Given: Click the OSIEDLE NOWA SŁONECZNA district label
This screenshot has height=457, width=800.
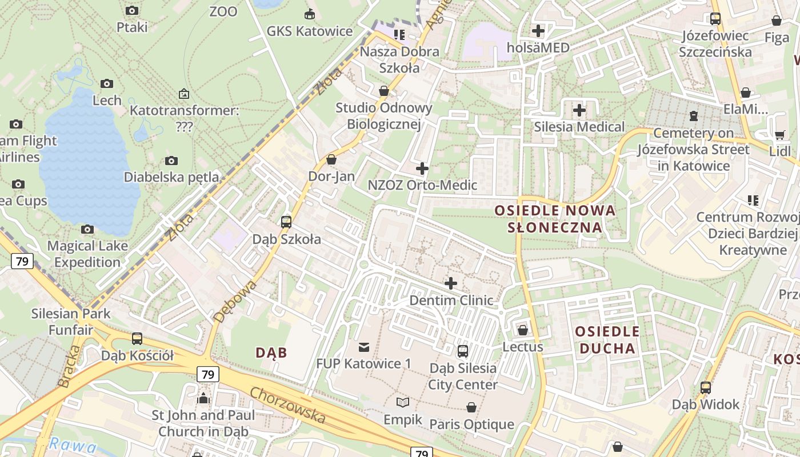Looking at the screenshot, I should tap(555, 219).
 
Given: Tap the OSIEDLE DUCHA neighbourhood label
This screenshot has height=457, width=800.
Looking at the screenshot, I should tap(607, 340).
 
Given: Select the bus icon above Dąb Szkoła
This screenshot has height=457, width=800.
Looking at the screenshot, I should tap(286, 222).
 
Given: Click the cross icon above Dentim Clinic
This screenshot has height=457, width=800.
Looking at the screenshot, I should tap(451, 283).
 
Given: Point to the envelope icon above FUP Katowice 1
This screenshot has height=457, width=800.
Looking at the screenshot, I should tap(364, 347).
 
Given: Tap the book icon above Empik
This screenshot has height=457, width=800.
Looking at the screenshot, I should tap(403, 402).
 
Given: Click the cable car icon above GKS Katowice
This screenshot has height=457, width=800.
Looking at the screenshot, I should tap(310, 14).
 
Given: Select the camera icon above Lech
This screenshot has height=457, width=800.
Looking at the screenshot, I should tap(107, 83).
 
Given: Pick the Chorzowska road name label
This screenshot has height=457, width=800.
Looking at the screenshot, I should tap(287, 406).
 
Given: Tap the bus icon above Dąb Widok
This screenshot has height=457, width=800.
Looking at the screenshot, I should tap(706, 387).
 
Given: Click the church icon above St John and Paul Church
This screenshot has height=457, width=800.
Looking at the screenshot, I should tap(203, 398).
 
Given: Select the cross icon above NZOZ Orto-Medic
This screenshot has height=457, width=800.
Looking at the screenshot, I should tap(422, 169).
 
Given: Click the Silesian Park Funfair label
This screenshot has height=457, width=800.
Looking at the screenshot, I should tap(71, 322).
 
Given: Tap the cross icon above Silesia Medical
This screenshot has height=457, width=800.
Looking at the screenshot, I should tap(579, 110).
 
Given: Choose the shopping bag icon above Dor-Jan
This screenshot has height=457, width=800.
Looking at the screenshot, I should tap(331, 159).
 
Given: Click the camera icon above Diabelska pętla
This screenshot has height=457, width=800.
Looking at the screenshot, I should tap(171, 161).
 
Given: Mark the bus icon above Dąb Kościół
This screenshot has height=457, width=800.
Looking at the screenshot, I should tap(137, 338).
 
